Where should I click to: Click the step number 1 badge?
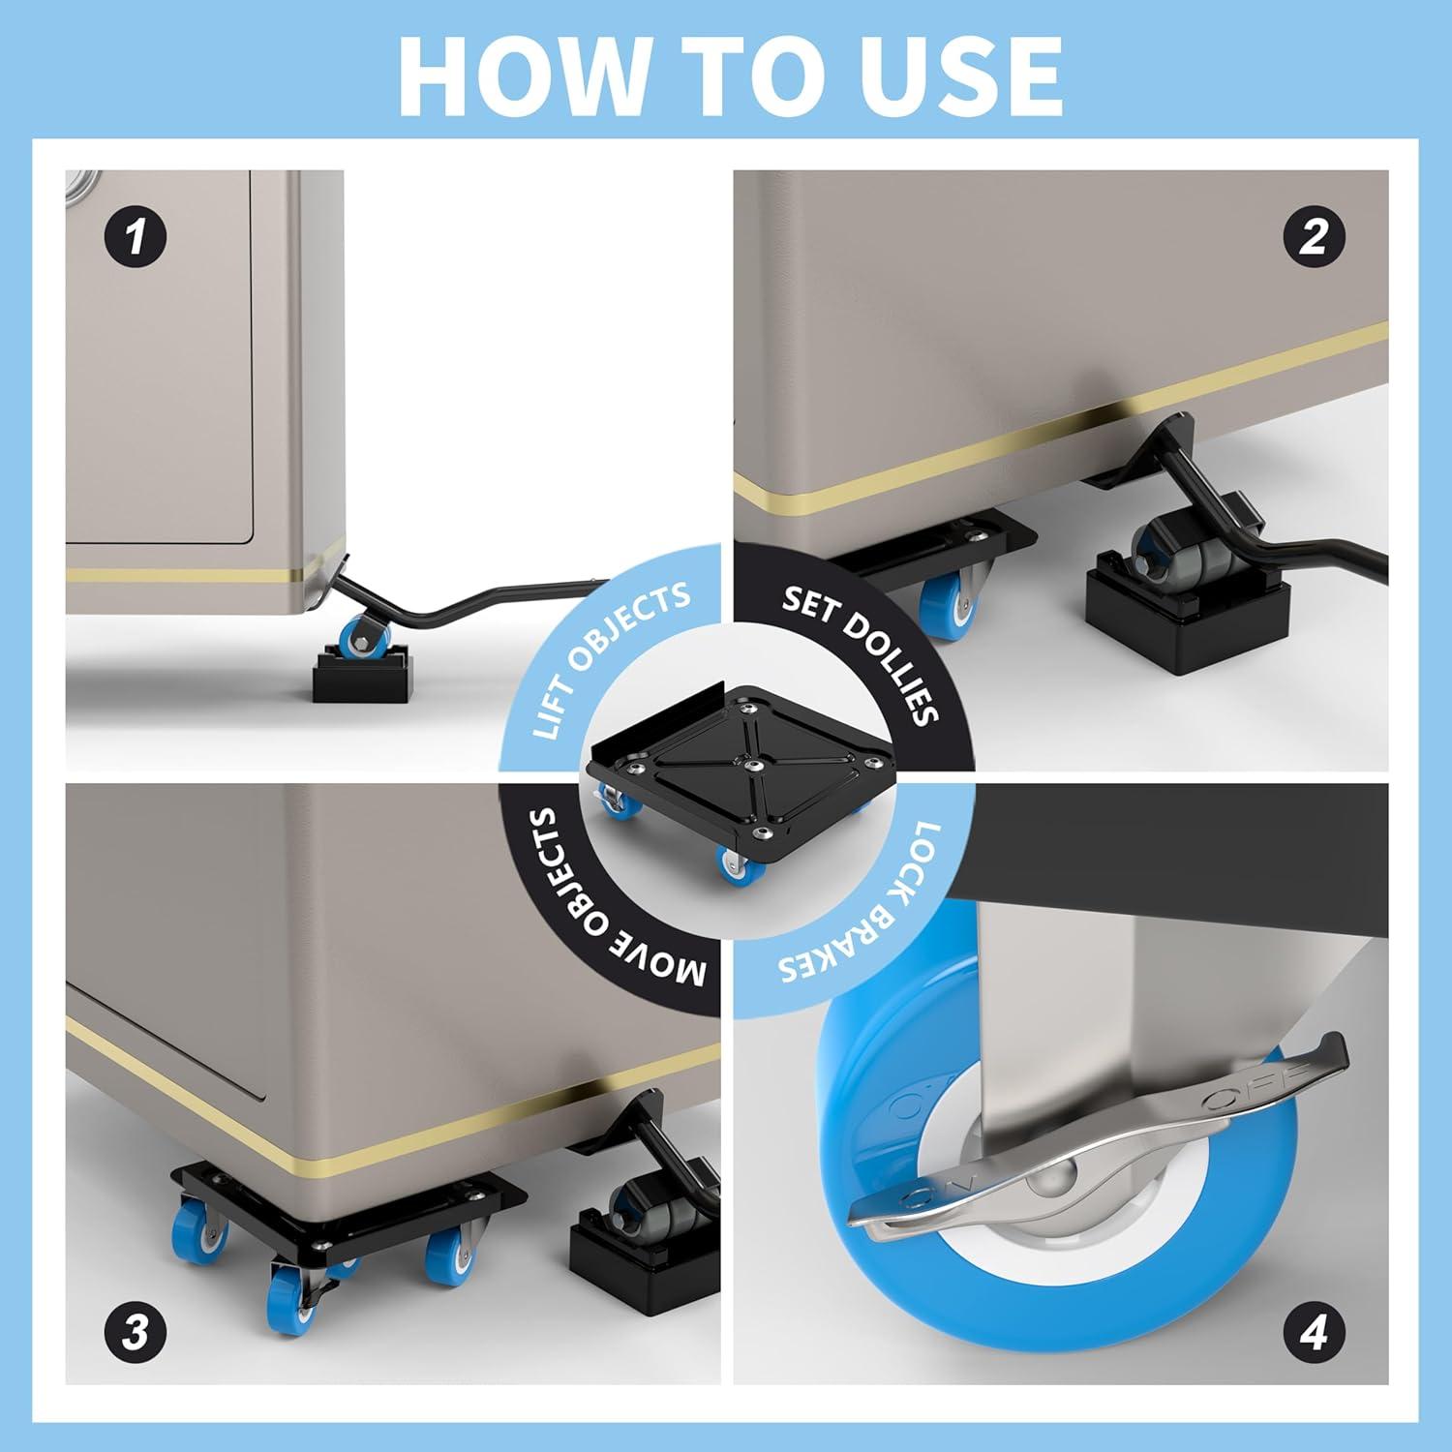click(136, 237)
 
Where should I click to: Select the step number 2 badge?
click(1313, 237)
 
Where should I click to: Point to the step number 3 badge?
click(136, 1333)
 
